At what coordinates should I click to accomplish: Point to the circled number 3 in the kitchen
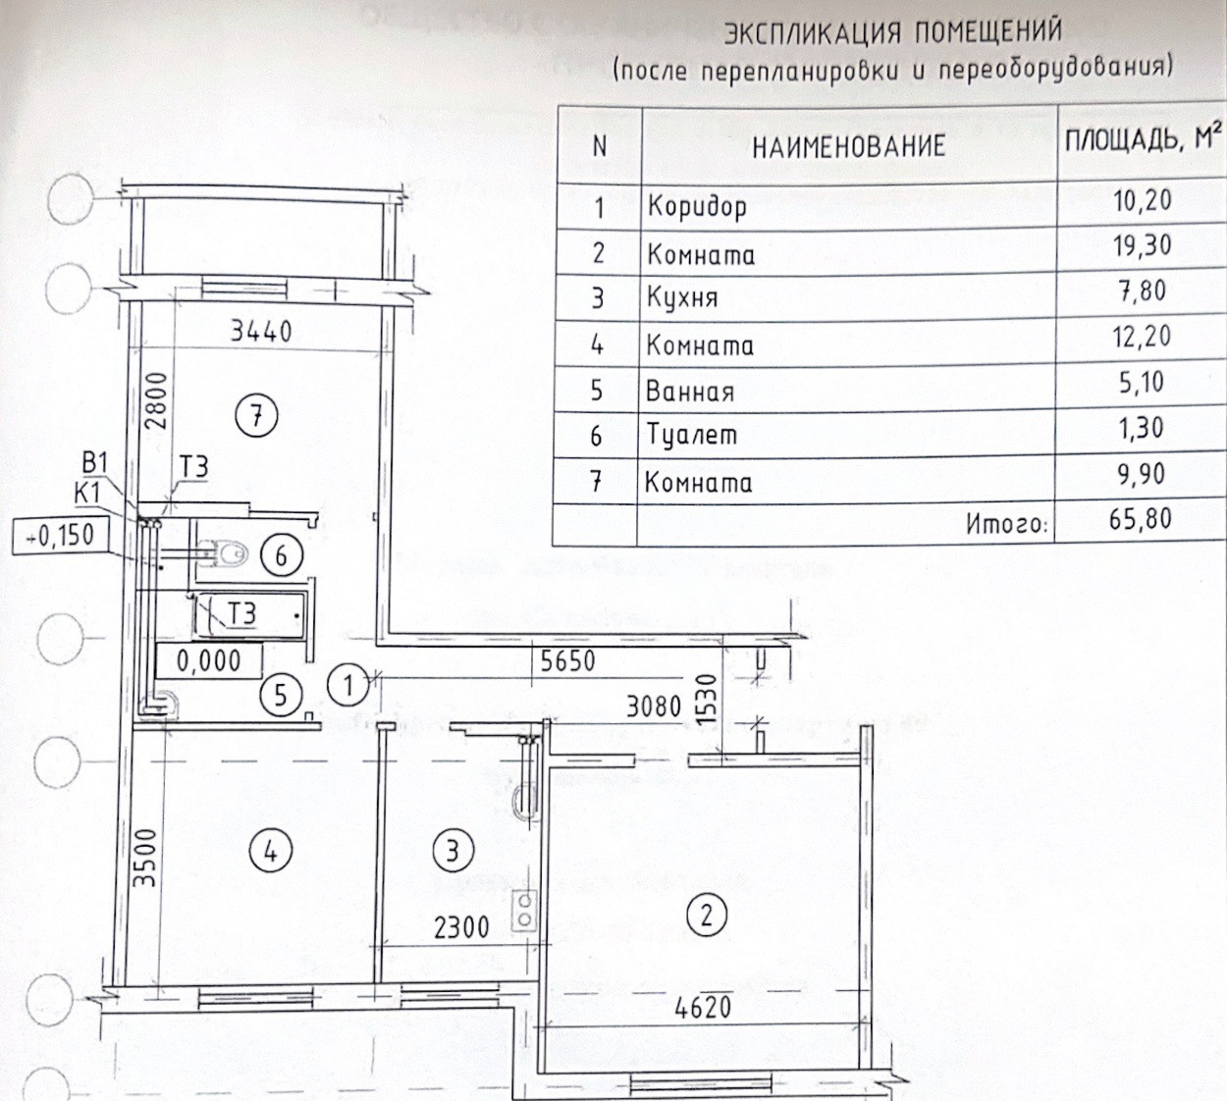[x=453, y=850]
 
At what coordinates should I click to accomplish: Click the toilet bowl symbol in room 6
[x=224, y=555]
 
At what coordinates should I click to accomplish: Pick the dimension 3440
[x=261, y=331]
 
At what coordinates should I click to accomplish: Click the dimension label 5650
[x=568, y=660]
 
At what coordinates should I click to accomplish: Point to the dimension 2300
[x=460, y=926]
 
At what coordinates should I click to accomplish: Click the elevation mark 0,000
[x=208, y=660]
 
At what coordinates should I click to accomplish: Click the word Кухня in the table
[x=682, y=297]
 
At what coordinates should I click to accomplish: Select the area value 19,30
[x=1142, y=244]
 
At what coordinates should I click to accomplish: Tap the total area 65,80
[x=1141, y=518]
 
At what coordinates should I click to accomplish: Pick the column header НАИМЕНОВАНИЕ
[x=848, y=147]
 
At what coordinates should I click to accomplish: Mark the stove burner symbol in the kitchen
[x=525, y=910]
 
